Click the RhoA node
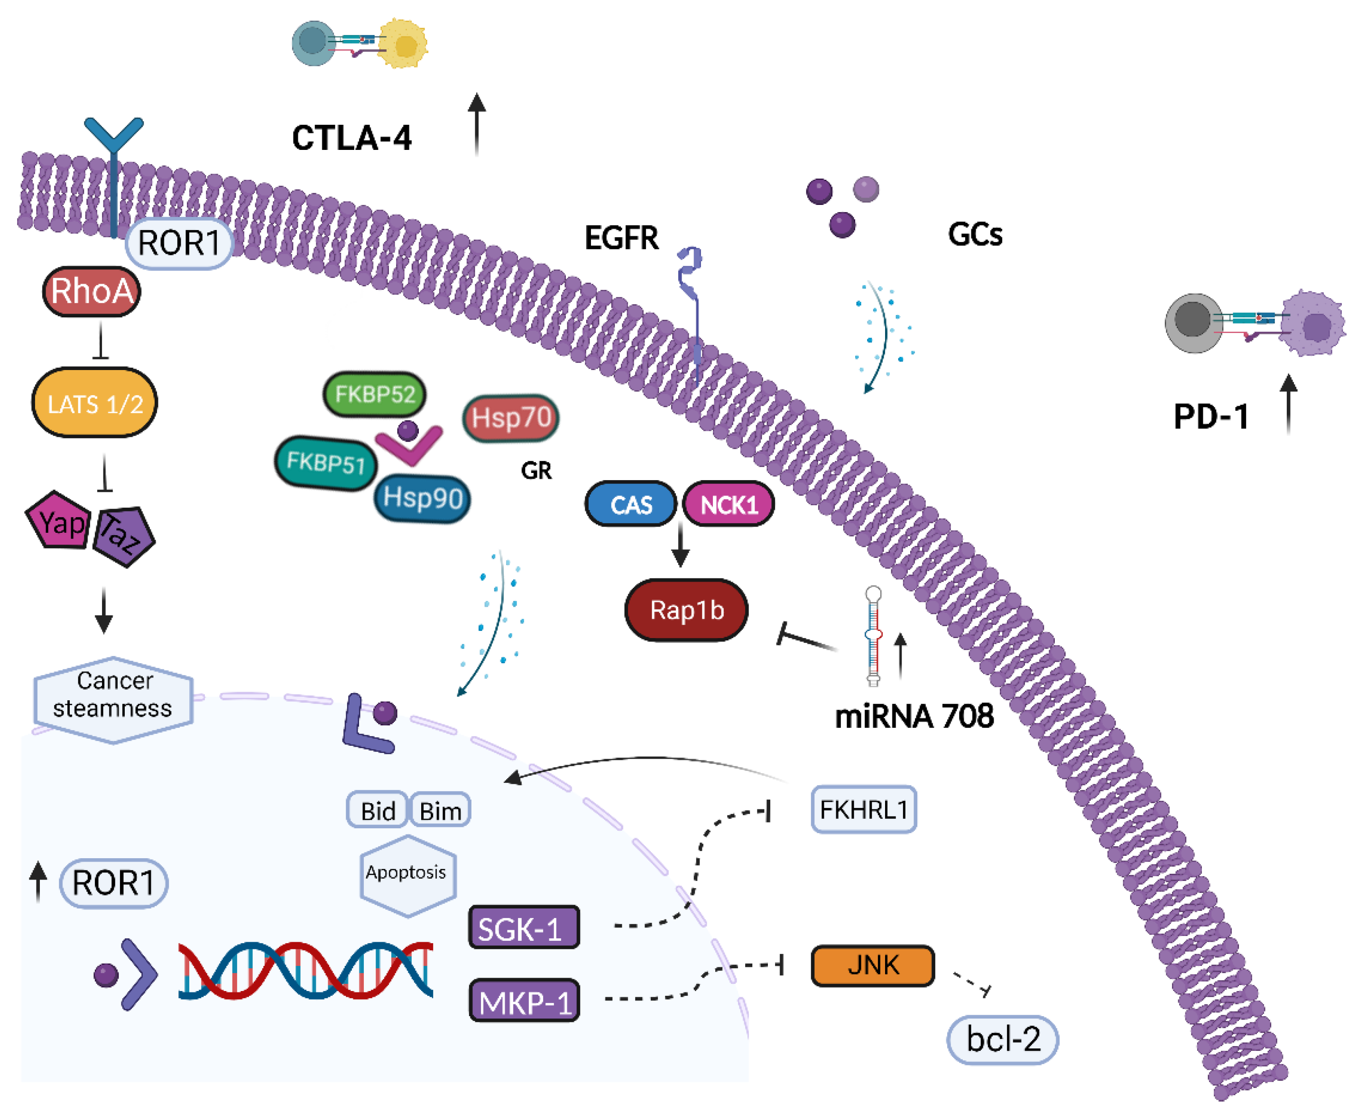coord(92,291)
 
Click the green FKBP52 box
coord(375,393)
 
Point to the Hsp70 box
coord(511,417)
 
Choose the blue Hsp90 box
coord(423,498)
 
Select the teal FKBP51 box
coord(325,462)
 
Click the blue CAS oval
coord(631,505)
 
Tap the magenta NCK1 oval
coord(729,505)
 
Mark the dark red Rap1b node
coord(686,610)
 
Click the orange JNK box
coord(872,964)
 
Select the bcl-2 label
coord(1002,1039)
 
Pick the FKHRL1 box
coord(863,810)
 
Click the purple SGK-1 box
coord(524,927)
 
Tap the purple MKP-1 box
coord(524,1001)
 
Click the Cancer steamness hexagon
coord(113,699)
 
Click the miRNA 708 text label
coord(914,715)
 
